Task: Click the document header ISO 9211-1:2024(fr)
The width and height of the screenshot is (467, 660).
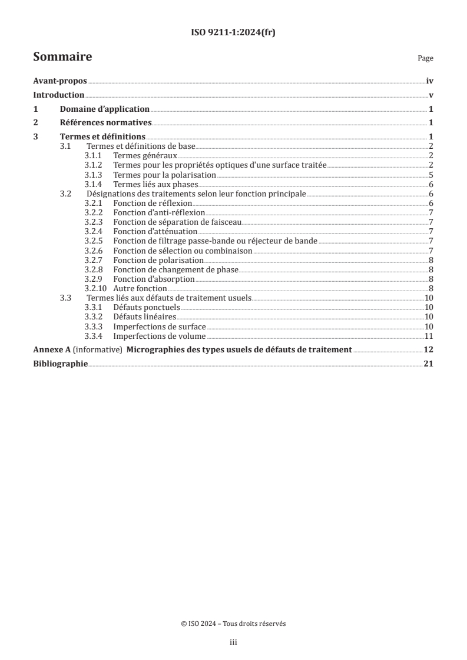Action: (x=233, y=33)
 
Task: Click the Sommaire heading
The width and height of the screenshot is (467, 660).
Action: (x=62, y=57)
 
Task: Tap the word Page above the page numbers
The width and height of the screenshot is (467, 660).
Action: (x=425, y=58)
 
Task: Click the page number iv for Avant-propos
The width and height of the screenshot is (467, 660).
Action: (x=429, y=82)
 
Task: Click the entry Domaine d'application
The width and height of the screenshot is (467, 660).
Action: (x=105, y=109)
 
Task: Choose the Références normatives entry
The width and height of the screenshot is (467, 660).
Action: (x=106, y=123)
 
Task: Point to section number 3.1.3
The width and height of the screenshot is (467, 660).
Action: (x=94, y=175)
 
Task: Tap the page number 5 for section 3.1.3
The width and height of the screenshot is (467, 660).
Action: (x=431, y=175)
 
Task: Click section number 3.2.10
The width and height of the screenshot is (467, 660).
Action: (x=95, y=288)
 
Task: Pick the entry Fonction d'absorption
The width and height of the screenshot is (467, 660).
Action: (x=154, y=279)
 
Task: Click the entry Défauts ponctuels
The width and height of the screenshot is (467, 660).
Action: (x=147, y=308)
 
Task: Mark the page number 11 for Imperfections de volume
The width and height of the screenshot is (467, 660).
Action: (x=429, y=336)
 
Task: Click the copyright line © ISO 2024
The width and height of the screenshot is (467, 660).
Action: (x=233, y=624)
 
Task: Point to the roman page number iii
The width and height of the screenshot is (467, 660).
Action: (x=233, y=643)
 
